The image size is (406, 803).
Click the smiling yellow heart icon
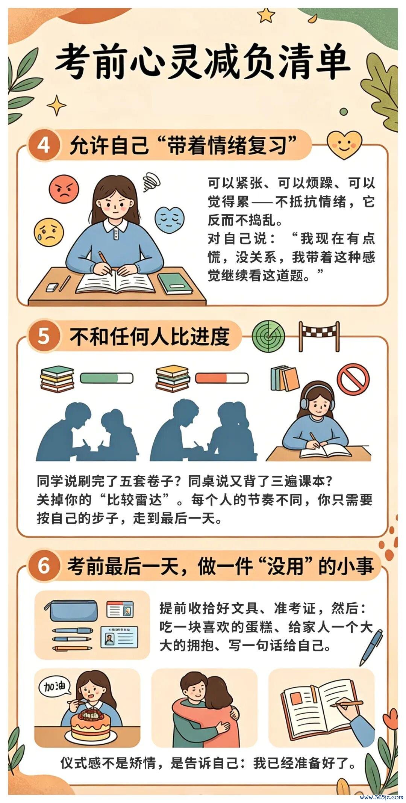(x=344, y=144)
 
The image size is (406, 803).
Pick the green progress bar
(x=107, y=378)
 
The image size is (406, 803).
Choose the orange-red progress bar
(x=222, y=378)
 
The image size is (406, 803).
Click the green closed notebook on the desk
(x=175, y=283)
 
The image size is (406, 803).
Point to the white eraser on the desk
(x=52, y=287)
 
